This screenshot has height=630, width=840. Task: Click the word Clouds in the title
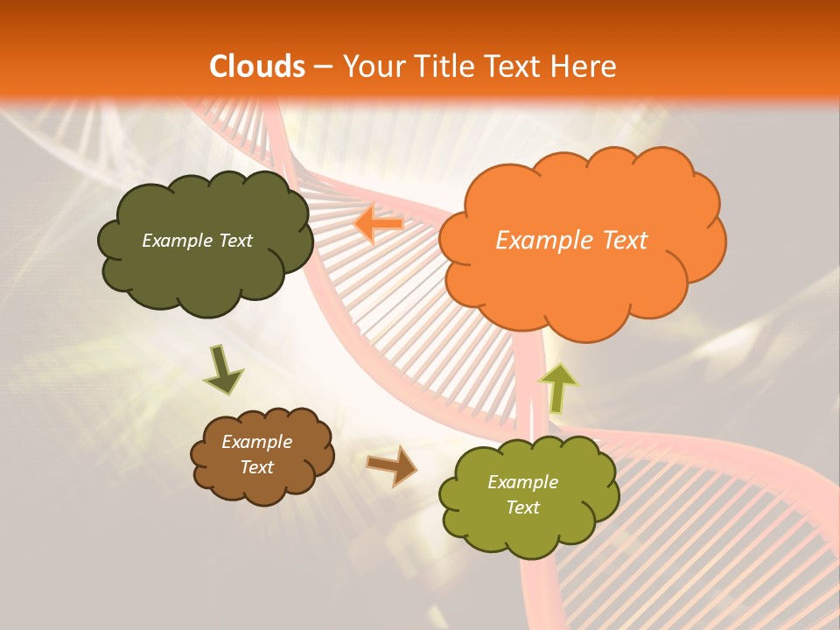(x=257, y=66)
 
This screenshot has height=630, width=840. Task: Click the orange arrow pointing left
(x=378, y=225)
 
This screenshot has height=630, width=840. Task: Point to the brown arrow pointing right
(x=391, y=465)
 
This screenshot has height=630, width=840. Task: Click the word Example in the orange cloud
(x=536, y=241)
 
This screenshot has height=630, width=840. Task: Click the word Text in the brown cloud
(x=256, y=467)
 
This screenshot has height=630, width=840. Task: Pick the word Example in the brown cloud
(x=256, y=442)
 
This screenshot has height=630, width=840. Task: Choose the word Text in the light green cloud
(x=522, y=507)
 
